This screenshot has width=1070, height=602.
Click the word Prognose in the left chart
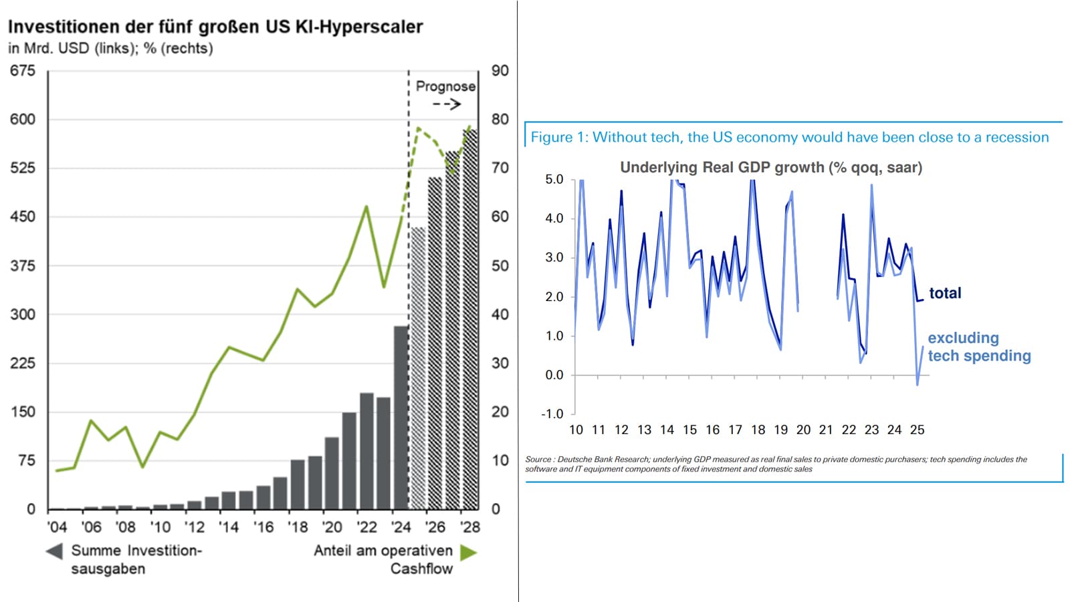tap(445, 86)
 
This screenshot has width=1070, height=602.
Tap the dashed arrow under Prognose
tap(447, 104)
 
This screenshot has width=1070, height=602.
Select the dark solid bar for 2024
tap(401, 417)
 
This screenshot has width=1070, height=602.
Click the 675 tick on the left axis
tap(22, 71)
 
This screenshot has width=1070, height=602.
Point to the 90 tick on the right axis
tap(500, 71)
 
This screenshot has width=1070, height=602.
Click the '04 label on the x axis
tap(57, 527)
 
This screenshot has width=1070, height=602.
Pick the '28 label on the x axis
tap(470, 527)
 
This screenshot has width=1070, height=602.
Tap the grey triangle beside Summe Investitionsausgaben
tap(54, 551)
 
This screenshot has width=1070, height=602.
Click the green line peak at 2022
tap(366, 207)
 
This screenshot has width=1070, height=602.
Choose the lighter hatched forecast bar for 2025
tap(419, 368)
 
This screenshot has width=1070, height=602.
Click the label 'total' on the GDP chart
tap(945, 293)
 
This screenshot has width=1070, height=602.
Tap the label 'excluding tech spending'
tap(978, 346)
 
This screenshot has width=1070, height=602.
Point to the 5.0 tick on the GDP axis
tap(554, 179)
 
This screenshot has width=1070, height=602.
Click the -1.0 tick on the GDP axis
tap(552, 414)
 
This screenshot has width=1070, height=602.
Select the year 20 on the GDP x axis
tap(803, 430)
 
